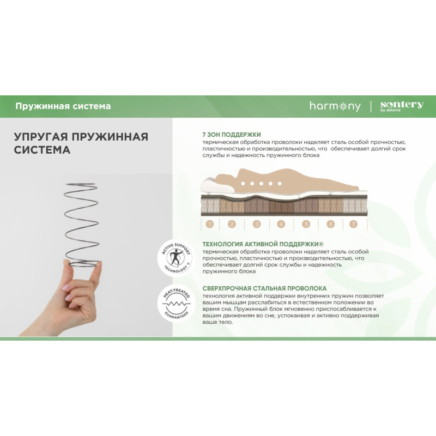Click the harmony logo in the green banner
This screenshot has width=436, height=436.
[335, 106]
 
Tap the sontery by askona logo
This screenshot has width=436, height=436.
[402, 106]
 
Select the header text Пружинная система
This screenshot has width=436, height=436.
[63, 106]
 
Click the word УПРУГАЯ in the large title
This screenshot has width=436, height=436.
[40, 137]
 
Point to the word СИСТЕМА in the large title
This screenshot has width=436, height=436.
[42, 150]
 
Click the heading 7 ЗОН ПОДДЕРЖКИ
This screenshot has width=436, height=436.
[232, 135]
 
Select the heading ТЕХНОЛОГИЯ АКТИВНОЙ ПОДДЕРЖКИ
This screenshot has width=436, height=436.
[263, 244]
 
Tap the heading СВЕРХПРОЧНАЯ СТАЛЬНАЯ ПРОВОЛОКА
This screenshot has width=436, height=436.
[264, 288]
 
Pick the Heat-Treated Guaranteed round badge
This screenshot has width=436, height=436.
[176, 304]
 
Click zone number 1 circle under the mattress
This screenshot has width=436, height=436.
[210, 224]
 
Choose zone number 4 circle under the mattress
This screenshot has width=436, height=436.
[281, 224]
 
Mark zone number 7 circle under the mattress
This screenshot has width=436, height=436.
[353, 224]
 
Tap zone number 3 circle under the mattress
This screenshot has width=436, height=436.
[257, 224]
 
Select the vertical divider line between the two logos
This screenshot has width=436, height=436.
[371, 106]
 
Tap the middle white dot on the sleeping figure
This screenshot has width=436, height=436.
[261, 184]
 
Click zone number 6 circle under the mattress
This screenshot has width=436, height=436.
[331, 224]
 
